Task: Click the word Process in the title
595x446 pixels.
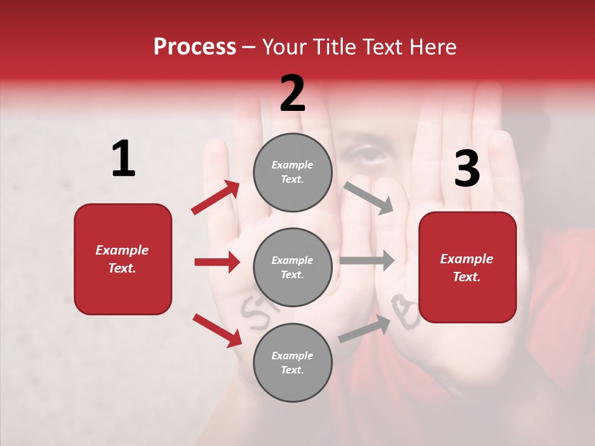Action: (x=195, y=47)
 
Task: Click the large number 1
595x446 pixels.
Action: (x=123, y=159)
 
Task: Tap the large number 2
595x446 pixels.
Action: (x=293, y=94)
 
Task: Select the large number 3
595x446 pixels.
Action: (x=467, y=169)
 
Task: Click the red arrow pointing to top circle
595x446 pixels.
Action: (x=216, y=198)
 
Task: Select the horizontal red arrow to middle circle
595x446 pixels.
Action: (x=217, y=262)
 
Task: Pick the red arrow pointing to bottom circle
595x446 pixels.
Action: (x=217, y=330)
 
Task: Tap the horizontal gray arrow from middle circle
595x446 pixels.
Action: (x=367, y=261)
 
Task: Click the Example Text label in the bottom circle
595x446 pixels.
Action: (x=293, y=362)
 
